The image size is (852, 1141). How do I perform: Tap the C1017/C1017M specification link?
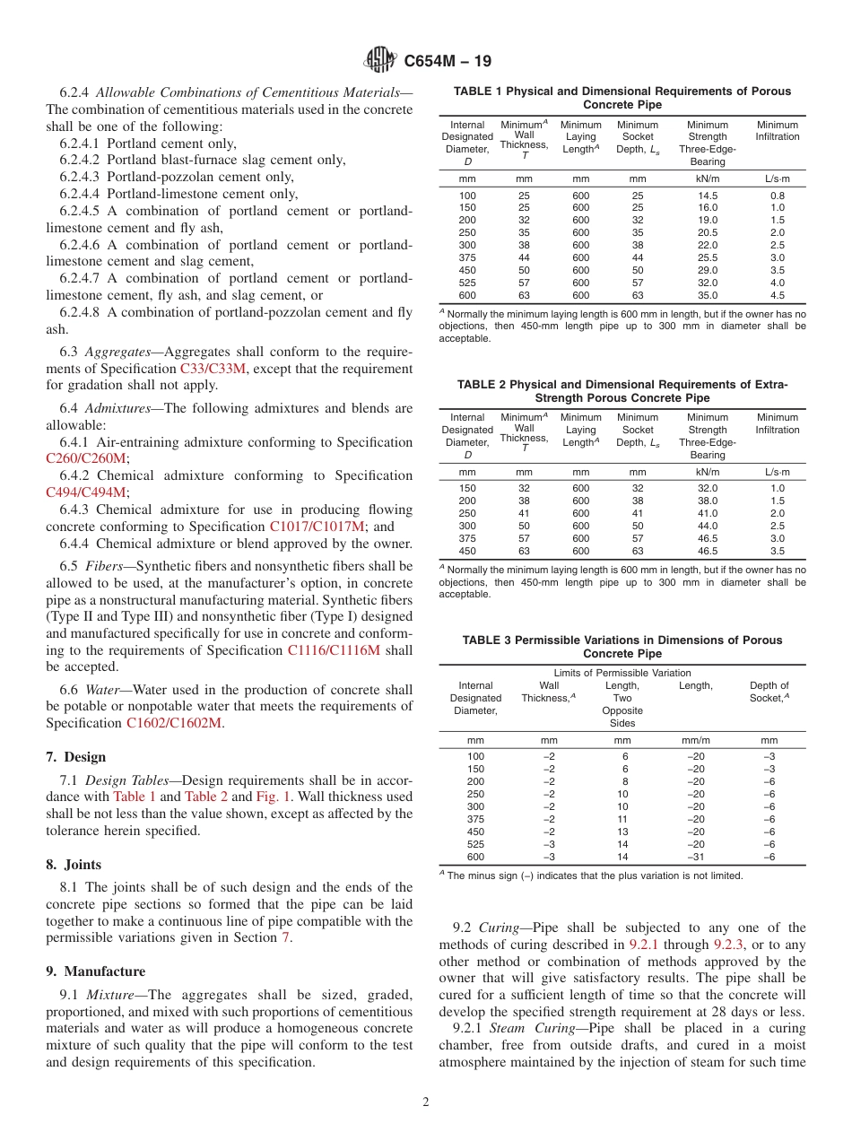tap(317, 527)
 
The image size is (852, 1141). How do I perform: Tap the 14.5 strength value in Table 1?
tap(708, 196)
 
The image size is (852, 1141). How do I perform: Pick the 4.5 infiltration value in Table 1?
tap(777, 295)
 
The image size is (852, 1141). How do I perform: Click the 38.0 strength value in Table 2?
tap(708, 501)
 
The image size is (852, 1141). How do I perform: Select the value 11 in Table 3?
tap(622, 819)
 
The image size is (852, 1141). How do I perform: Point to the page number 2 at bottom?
tap(426, 1102)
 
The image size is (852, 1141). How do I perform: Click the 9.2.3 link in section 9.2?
tap(729, 945)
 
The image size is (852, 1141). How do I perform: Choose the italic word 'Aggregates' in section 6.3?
tap(125, 352)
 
